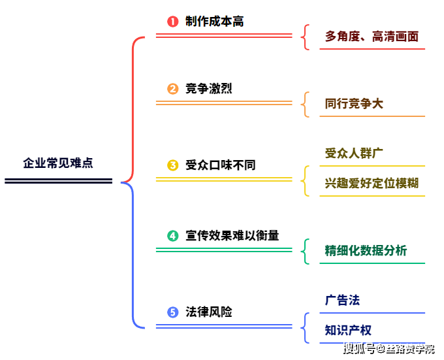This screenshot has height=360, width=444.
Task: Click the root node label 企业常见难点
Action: [x=58, y=163]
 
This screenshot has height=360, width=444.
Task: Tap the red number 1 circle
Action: [x=173, y=22]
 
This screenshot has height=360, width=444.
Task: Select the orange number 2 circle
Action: [x=173, y=90]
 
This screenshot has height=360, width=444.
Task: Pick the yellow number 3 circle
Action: [x=173, y=165]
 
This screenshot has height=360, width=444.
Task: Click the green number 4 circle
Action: [x=173, y=236]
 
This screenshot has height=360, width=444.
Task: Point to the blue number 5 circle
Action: [x=173, y=312]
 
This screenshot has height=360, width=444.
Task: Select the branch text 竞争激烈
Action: [x=208, y=89]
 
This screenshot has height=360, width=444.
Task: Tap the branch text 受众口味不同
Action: [x=220, y=165]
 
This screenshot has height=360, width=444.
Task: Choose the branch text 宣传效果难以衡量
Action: [x=232, y=235]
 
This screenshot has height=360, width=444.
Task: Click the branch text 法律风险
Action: [x=208, y=312]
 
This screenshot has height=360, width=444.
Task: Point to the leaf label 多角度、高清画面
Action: [x=372, y=37]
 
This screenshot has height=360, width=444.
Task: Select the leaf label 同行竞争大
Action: [x=354, y=104]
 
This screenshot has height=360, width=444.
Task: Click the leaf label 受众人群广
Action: [x=354, y=154]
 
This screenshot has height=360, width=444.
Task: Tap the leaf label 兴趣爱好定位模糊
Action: [x=372, y=183]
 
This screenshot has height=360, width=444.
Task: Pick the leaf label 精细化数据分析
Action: [x=366, y=251]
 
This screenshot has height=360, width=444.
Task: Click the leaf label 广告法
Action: [x=342, y=301]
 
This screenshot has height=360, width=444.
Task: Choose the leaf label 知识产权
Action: [x=348, y=330]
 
